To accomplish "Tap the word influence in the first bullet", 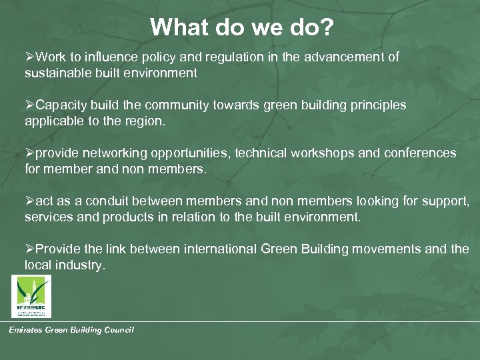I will pyautogui.click(x=108, y=57).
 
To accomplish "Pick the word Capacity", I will pyautogui.click(x=61, y=105).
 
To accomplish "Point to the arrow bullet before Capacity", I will pyautogui.click(x=30, y=105).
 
